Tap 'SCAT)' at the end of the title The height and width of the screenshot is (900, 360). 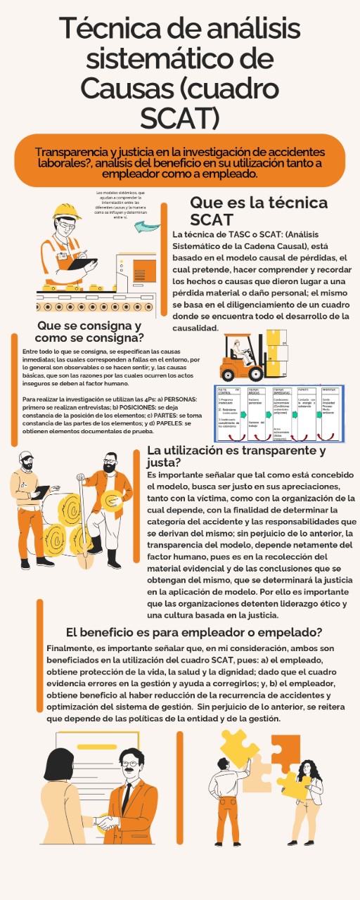(180, 118)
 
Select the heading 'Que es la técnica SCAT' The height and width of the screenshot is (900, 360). (258, 210)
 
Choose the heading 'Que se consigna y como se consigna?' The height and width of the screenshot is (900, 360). (89, 332)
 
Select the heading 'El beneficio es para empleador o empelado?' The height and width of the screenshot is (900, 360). (193, 631)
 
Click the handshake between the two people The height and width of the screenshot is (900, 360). (107, 821)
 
